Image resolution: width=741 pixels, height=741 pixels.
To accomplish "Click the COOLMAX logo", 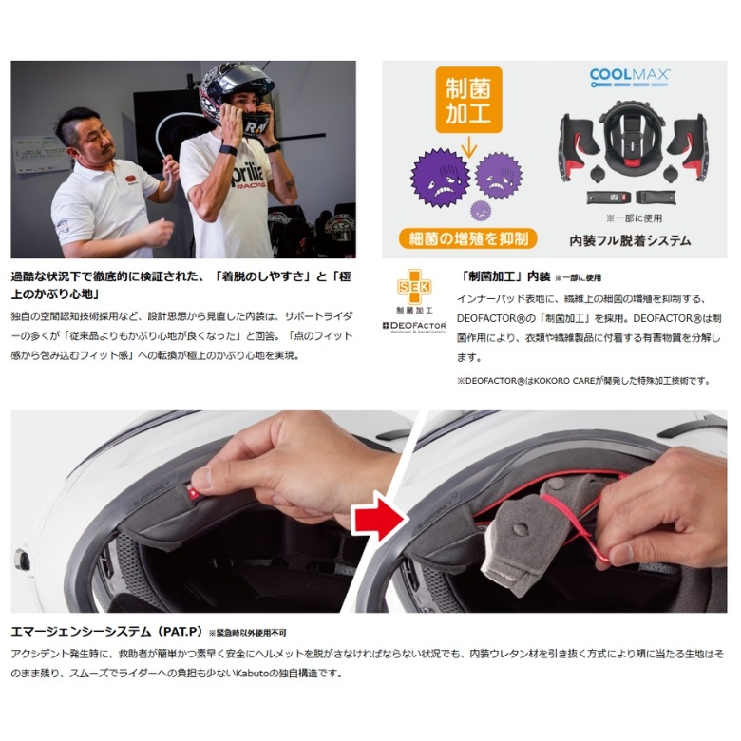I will (x=631, y=75).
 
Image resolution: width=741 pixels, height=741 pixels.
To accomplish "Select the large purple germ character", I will (x=439, y=182).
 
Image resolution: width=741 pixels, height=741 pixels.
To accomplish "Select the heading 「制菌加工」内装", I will (x=503, y=276).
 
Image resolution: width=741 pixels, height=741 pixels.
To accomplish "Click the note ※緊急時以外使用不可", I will (x=248, y=633).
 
